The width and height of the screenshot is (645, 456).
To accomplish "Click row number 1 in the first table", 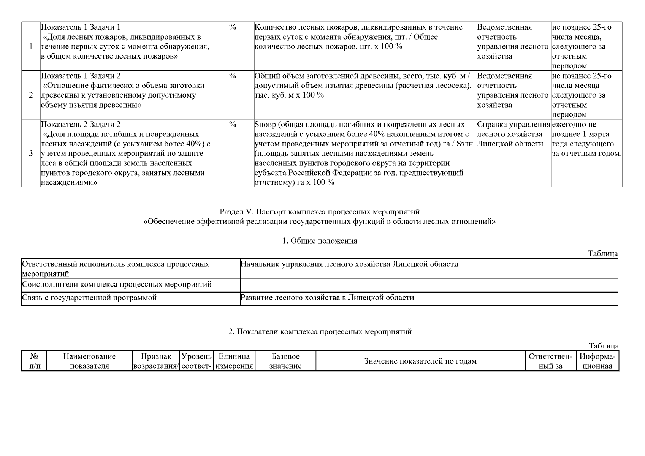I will (31, 46).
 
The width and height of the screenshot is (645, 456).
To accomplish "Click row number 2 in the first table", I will (31, 95).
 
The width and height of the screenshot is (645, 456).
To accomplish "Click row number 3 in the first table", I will (31, 154).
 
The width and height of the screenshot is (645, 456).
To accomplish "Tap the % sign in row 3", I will (233, 125).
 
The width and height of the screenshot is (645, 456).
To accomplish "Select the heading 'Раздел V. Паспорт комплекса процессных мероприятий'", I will (320, 212).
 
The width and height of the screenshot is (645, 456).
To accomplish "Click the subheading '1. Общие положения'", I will (320, 241).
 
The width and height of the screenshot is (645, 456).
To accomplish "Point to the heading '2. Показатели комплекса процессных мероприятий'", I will (320, 332).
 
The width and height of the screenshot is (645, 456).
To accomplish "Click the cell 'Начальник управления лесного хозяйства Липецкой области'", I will (349, 264).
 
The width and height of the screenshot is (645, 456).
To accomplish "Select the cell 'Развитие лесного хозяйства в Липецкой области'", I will (327, 298).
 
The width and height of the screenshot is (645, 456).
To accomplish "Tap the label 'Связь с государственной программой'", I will (89, 298).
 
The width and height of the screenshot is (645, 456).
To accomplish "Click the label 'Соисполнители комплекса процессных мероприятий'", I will (117, 285).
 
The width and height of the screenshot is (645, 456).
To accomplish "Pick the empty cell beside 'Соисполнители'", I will (428, 285).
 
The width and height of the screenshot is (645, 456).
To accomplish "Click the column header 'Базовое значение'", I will (285, 361).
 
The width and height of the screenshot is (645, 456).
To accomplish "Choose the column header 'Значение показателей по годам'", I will (420, 361).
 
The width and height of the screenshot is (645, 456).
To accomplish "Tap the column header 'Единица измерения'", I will (234, 361).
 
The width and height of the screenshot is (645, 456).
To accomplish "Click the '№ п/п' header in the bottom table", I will (34, 361).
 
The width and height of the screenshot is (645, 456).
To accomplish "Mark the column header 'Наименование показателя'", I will (89, 361).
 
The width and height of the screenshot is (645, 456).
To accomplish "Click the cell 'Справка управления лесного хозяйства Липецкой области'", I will (513, 134).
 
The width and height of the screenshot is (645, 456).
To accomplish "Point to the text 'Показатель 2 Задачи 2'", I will (81, 125).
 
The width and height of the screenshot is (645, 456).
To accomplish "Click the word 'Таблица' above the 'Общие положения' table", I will (603, 254).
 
